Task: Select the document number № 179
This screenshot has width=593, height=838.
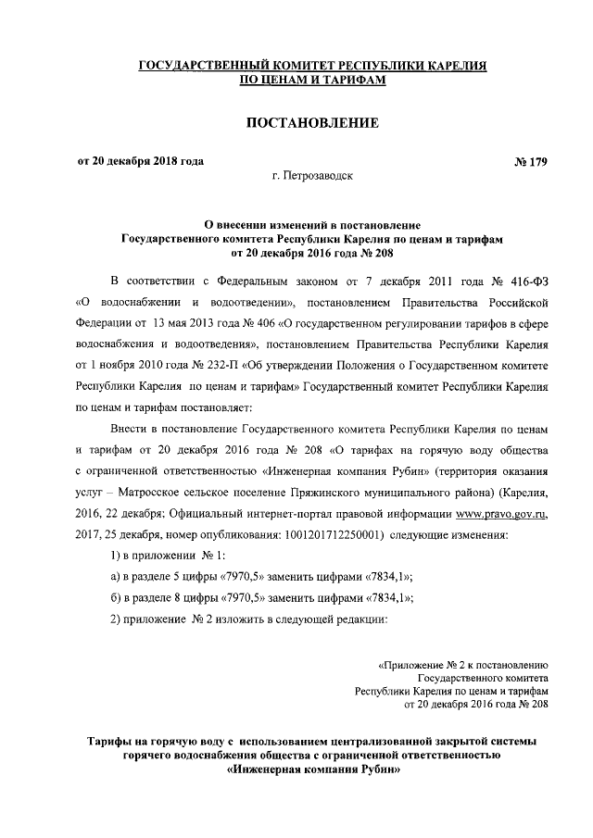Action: tap(531, 163)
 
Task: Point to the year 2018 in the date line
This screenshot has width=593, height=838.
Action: tap(158, 162)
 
